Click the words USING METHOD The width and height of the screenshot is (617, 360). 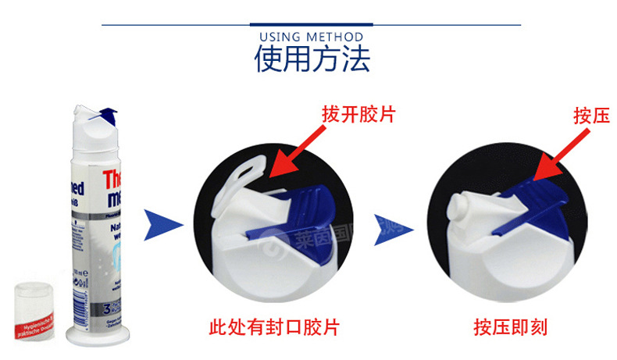pyautogui.click(x=311, y=37)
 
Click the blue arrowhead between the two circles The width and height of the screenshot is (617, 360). pyautogui.click(x=391, y=225)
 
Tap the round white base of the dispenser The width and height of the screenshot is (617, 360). pyautogui.click(x=93, y=336)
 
